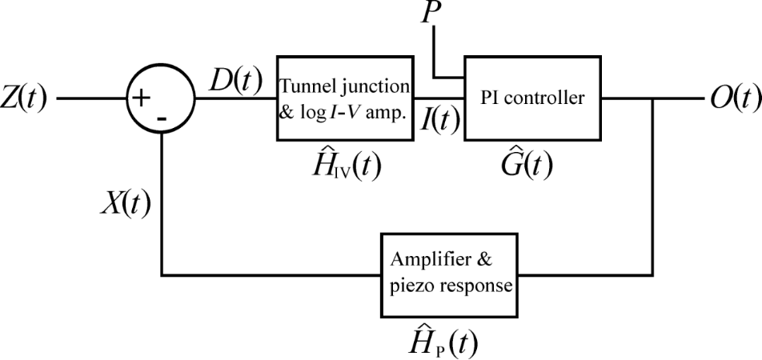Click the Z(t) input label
[x=24, y=99]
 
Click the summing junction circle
[x=161, y=100]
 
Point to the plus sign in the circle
[x=141, y=98]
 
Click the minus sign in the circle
[x=162, y=118]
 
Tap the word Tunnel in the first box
[x=308, y=86]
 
